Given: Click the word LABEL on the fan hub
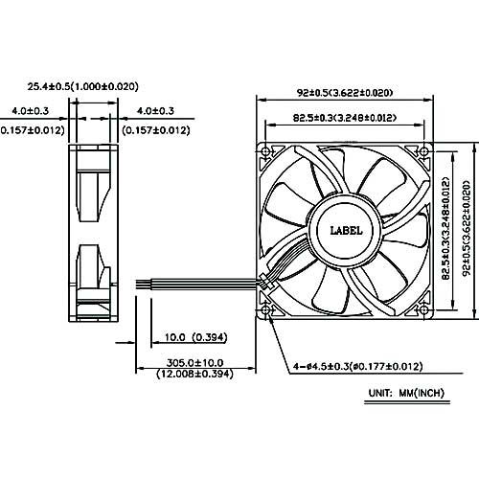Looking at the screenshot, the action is tap(346, 231).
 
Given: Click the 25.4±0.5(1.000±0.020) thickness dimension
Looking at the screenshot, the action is tap(83, 86).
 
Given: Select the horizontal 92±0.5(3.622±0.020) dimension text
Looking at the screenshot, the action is tap(345, 93).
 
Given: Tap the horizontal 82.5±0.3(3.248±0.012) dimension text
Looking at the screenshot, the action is tap(345, 118).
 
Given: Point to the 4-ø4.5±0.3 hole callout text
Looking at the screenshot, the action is tap(358, 366).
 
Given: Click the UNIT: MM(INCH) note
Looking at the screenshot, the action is tap(406, 393).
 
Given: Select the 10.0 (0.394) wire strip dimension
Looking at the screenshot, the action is tap(195, 337).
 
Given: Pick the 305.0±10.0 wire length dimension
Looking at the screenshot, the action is tap(194, 363).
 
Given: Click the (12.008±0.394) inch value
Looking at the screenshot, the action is tap(194, 374).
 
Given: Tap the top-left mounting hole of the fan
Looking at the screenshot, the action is tap(265, 151).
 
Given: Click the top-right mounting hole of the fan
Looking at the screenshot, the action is tap(424, 151).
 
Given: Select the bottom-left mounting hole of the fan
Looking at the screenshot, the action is tap(265, 309).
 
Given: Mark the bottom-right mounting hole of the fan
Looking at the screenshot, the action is tap(424, 309).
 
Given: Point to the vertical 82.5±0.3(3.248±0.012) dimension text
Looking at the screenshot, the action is tap(445, 228).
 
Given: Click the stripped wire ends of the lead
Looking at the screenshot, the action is tap(144, 285).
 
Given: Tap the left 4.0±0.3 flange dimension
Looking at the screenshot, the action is tap(31, 111).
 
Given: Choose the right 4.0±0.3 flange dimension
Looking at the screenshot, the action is tap(155, 111).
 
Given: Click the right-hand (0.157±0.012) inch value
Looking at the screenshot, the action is tap(156, 130).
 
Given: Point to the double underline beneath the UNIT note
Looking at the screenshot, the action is tap(407, 402).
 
